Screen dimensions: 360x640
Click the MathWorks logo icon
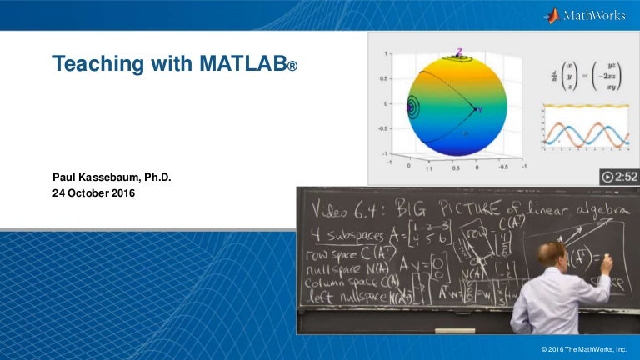pos(551,16)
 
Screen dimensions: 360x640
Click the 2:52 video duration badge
pos(619,177)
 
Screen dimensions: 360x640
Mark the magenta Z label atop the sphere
pos(458,52)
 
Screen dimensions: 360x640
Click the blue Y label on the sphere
pos(480,109)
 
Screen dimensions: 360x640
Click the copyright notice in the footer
pos(588,346)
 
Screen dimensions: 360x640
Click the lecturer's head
pos(552,254)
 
